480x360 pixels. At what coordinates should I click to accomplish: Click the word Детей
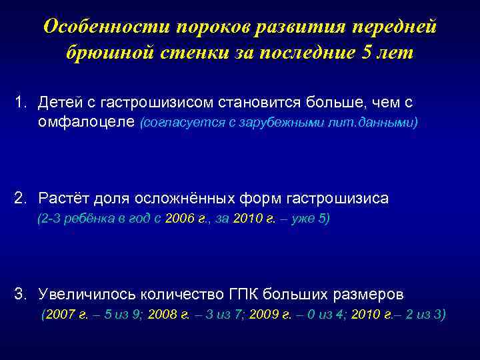61,103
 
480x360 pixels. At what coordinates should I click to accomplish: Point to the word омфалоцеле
86,122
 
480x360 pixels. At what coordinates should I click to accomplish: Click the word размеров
368,293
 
